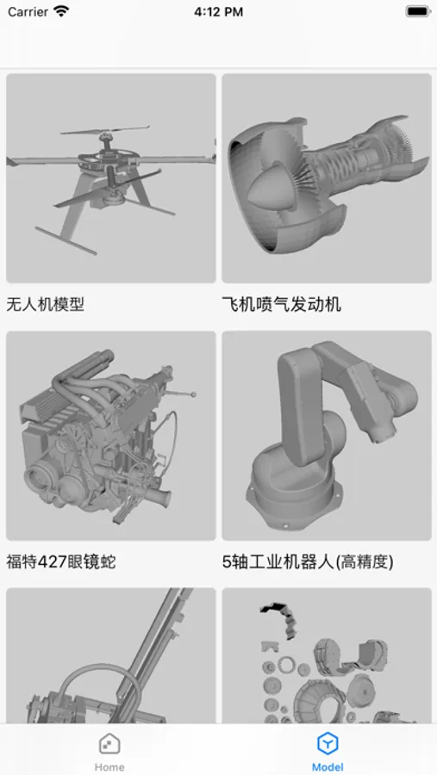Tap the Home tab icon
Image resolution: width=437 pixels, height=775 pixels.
point(109,744)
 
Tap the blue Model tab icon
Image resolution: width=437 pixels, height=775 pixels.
point(328,743)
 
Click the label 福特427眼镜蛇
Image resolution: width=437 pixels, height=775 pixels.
point(61,562)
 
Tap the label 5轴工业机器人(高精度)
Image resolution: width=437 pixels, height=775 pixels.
point(308,562)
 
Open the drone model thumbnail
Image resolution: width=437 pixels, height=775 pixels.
point(111,178)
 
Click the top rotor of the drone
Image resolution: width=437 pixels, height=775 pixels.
point(105,131)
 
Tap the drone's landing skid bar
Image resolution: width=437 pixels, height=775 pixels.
point(66,241)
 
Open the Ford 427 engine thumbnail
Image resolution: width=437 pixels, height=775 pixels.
point(111,436)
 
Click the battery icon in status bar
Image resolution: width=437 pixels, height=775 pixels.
point(418,11)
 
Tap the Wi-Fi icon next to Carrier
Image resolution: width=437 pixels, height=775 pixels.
point(61,11)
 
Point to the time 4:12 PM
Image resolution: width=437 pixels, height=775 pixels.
point(218,12)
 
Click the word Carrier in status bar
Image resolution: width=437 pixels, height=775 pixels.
point(28,12)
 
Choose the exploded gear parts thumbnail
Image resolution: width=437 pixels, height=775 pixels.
point(327,656)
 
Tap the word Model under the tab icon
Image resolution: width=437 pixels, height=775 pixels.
point(328,767)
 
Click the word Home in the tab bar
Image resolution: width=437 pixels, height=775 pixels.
point(109,767)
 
